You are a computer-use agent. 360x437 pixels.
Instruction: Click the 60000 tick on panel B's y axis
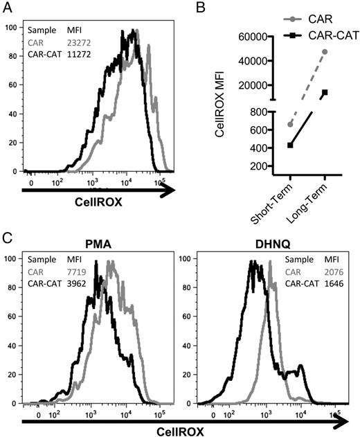(260, 37)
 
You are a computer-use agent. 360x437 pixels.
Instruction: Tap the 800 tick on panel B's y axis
(267, 112)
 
